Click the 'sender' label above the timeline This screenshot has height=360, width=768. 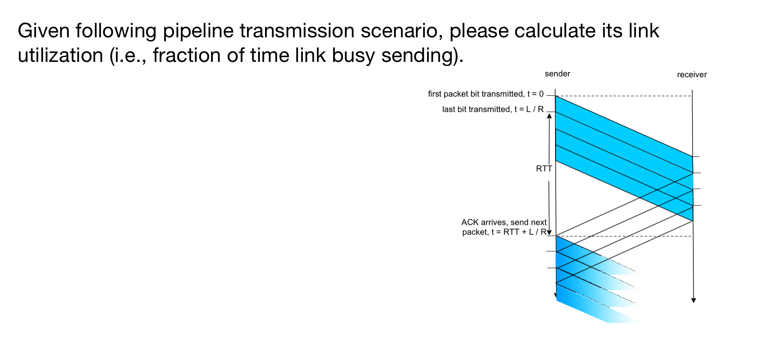557,74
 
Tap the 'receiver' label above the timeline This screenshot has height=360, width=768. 692,75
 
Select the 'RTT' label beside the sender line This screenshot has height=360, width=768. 544,169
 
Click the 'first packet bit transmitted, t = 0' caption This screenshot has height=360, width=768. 485,94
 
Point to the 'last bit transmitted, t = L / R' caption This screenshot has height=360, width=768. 492,109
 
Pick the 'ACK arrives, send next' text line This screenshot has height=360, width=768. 503,222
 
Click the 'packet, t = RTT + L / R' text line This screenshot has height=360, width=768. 504,232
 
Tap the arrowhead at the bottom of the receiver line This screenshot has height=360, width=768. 693,300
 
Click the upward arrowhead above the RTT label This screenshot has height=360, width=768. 549,116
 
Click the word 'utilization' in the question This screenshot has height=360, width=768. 60,55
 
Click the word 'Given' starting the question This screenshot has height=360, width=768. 43,31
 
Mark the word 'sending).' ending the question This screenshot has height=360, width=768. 422,55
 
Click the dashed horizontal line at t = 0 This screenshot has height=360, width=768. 623,96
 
